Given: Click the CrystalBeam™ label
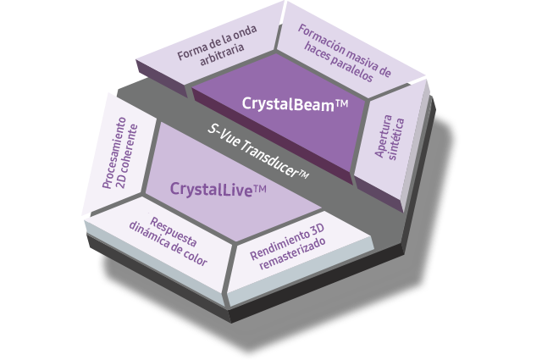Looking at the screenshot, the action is pyautogui.click(x=295, y=104).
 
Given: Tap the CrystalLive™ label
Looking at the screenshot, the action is pyautogui.click(x=218, y=190).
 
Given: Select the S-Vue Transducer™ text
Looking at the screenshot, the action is pyautogui.click(x=258, y=152).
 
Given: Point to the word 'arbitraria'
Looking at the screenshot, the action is pyautogui.click(x=222, y=54).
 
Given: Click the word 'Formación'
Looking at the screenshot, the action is pyautogui.click(x=322, y=40).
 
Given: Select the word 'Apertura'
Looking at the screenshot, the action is pyautogui.click(x=384, y=136).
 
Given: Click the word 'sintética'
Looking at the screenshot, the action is pyautogui.click(x=396, y=139).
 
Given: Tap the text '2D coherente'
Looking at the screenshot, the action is pyautogui.click(x=127, y=156).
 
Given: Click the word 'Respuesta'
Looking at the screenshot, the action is pyautogui.click(x=174, y=232).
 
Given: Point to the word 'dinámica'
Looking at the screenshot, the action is pyautogui.click(x=151, y=234).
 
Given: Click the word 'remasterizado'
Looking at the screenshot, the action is pyautogui.click(x=292, y=253).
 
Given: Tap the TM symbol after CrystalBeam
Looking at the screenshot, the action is pyautogui.click(x=341, y=103).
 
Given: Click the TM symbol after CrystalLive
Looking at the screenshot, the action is pyautogui.click(x=260, y=189).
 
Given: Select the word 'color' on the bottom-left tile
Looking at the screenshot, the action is pyautogui.click(x=196, y=257).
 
